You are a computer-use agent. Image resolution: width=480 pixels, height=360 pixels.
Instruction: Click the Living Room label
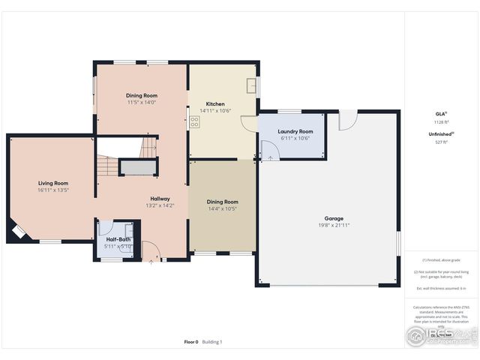click(53, 183)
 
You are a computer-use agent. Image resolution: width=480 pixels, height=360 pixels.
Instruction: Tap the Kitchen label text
click(215, 104)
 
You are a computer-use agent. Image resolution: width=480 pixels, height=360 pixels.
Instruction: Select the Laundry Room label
click(295, 132)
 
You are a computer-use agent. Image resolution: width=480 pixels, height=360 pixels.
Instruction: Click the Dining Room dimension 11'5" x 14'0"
click(141, 103)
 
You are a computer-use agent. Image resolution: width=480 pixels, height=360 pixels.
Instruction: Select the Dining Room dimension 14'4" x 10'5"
click(222, 208)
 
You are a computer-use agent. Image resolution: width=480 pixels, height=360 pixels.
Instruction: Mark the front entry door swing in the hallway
click(151, 250)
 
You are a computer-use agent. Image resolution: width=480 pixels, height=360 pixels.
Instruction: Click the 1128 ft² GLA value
click(440, 121)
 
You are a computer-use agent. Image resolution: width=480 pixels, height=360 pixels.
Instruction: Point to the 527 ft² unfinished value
click(440, 142)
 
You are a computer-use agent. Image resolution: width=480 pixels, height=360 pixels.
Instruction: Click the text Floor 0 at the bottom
click(191, 342)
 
